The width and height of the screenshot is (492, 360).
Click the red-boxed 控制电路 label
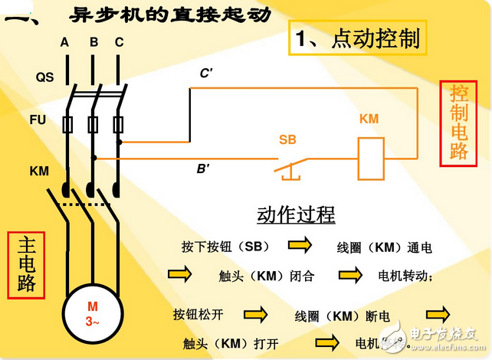(459, 123)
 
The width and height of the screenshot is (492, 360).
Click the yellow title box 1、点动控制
(358, 38)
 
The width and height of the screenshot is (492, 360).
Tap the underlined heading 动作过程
(296, 214)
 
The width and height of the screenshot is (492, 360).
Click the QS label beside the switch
(44, 77)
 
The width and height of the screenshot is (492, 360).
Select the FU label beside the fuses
(38, 121)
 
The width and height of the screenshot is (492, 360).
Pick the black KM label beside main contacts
(39, 171)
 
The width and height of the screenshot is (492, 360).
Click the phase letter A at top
(65, 42)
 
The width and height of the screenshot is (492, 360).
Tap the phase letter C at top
(119, 42)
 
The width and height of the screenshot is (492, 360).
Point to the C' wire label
(206, 73)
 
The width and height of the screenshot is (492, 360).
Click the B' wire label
(204, 169)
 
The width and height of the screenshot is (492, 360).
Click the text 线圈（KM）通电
(385, 247)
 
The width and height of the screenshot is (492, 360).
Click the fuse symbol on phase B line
(93, 123)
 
